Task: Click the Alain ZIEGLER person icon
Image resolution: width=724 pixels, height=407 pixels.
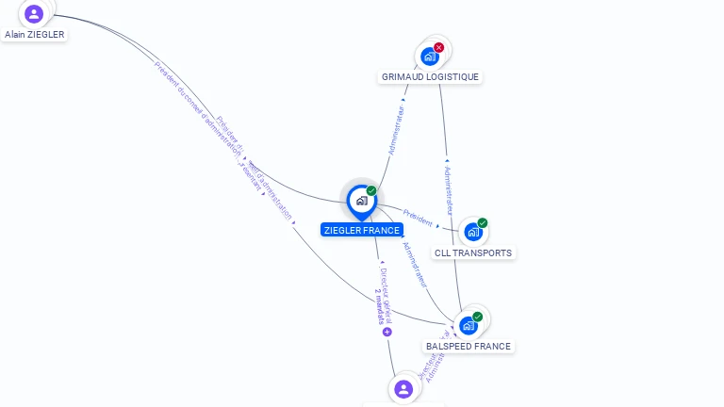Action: click(34, 13)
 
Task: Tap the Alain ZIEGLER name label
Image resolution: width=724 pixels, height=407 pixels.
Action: click(35, 34)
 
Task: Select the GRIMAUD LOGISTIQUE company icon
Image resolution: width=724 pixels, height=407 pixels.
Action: click(430, 56)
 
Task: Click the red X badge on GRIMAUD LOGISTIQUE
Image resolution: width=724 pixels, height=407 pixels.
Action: click(439, 47)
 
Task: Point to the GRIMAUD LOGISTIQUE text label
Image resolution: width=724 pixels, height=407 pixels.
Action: click(430, 77)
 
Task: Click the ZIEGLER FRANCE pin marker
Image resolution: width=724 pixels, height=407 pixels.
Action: click(361, 201)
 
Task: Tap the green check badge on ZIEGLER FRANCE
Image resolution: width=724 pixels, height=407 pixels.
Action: click(371, 191)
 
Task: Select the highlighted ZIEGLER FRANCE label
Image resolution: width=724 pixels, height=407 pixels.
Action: click(362, 230)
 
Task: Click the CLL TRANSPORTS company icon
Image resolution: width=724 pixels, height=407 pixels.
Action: click(473, 232)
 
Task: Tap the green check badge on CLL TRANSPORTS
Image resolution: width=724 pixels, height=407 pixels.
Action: click(483, 223)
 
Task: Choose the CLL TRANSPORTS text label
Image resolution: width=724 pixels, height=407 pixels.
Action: click(473, 252)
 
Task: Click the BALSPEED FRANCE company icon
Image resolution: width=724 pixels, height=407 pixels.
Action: click(469, 326)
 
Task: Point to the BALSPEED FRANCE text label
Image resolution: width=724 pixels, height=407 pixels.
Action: click(469, 346)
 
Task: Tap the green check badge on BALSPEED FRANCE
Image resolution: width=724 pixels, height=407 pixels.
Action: click(478, 317)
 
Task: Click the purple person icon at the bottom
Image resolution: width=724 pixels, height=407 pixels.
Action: click(403, 389)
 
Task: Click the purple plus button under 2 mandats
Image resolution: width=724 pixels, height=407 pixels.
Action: click(387, 332)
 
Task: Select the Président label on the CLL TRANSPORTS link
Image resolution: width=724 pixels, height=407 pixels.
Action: click(418, 218)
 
